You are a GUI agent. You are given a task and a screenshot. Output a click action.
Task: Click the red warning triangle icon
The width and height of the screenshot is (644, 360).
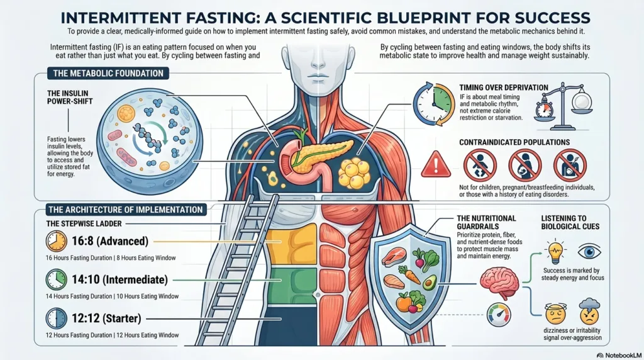pyautogui.click(x=436, y=164)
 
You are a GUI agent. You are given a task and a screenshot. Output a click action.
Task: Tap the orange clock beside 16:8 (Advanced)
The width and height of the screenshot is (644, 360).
pyautogui.click(x=56, y=241)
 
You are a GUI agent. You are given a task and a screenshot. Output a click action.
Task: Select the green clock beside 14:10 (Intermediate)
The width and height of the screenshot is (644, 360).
pyautogui.click(x=56, y=279)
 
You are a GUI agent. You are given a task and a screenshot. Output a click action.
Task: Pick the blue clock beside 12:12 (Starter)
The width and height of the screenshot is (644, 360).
pyautogui.click(x=56, y=318)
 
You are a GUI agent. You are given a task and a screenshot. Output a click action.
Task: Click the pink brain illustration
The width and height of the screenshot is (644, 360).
pyautogui.click(x=499, y=283)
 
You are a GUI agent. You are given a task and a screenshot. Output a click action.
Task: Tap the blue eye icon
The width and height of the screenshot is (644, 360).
pyautogui.click(x=589, y=252)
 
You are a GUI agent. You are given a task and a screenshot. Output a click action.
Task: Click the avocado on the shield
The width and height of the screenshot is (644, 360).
pyautogui.click(x=430, y=283)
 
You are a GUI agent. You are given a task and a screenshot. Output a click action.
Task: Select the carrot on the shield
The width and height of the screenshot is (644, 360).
pyautogui.click(x=409, y=274)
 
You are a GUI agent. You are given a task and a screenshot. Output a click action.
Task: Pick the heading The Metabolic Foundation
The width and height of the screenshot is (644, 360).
pyautogui.click(x=108, y=74)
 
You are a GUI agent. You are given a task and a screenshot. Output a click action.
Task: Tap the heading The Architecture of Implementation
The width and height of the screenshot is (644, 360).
pyautogui.click(x=125, y=210)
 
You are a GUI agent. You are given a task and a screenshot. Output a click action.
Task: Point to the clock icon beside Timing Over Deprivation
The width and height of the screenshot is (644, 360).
pyautogui.click(x=434, y=104)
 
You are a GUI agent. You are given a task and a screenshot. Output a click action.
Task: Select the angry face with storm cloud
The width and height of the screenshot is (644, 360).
pyautogui.click(x=589, y=312)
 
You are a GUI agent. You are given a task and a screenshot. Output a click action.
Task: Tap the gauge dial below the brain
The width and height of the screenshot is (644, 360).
pyautogui.click(x=499, y=315)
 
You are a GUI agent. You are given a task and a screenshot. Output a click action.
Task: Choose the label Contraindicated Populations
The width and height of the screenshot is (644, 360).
pyautogui.click(x=514, y=142)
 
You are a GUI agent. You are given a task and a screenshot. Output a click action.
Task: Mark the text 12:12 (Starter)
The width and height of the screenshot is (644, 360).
pyautogui.click(x=106, y=318)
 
